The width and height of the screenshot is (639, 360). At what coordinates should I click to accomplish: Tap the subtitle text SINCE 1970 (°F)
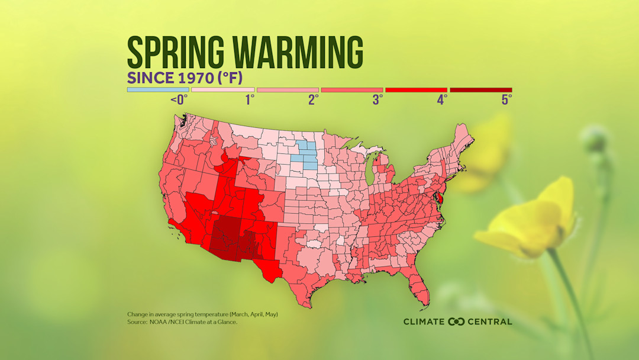(185, 78)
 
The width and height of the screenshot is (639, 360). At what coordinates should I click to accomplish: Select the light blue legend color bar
(158, 90)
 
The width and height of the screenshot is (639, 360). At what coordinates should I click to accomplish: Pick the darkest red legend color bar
(480, 90)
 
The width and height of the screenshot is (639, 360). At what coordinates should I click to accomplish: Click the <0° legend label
(179, 100)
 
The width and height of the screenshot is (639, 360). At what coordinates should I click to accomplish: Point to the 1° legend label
(250, 100)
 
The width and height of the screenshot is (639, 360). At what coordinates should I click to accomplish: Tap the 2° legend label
(314, 100)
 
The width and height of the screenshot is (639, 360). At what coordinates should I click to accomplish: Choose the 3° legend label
(377, 100)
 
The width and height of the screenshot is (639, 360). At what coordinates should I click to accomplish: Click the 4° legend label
(442, 100)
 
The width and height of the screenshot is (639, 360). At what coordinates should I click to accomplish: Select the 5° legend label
(506, 100)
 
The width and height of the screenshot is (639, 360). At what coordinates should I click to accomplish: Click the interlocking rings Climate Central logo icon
(457, 322)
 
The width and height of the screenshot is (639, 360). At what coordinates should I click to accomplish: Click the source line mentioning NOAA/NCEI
(182, 322)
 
